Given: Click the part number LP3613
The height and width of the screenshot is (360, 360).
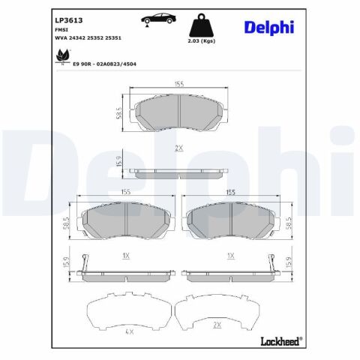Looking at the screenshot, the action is click(69, 20).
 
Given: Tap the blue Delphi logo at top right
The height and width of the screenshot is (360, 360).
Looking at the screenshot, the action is click(269, 27).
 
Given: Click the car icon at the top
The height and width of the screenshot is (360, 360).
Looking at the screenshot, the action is click(158, 19).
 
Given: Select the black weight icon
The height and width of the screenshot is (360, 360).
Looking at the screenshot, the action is click(201, 25).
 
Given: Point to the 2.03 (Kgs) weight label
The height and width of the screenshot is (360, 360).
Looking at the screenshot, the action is click(202, 41).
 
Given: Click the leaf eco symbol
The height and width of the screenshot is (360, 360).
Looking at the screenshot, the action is click(62, 57).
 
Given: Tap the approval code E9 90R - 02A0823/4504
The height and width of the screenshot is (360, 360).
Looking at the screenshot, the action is click(104, 64).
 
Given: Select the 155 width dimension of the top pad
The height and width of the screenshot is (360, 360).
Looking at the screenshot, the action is click(179, 84).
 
